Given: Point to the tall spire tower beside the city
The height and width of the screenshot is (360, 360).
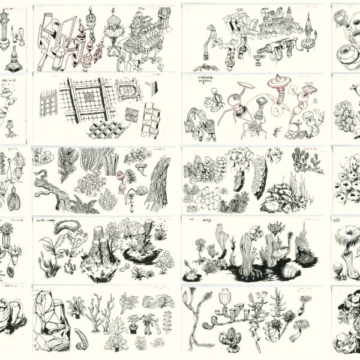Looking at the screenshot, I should [x=310, y=30].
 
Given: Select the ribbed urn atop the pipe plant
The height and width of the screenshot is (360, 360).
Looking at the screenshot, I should [x=226, y=296].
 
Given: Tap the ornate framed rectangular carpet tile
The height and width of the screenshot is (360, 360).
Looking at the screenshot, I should [x=128, y=91].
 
